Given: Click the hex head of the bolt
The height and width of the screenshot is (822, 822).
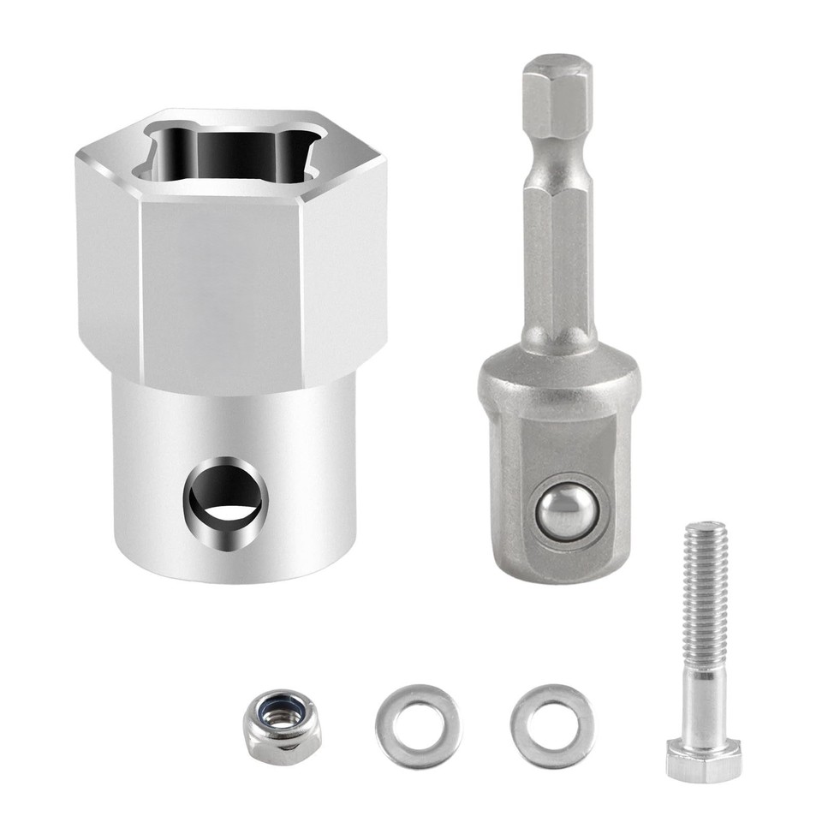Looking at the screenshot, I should point(703,760).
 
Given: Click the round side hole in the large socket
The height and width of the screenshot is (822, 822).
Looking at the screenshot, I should point(226,503).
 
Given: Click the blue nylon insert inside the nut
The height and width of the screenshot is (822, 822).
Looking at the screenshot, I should point(283,711).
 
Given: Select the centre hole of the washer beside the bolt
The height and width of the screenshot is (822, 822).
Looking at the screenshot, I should point(552,724).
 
